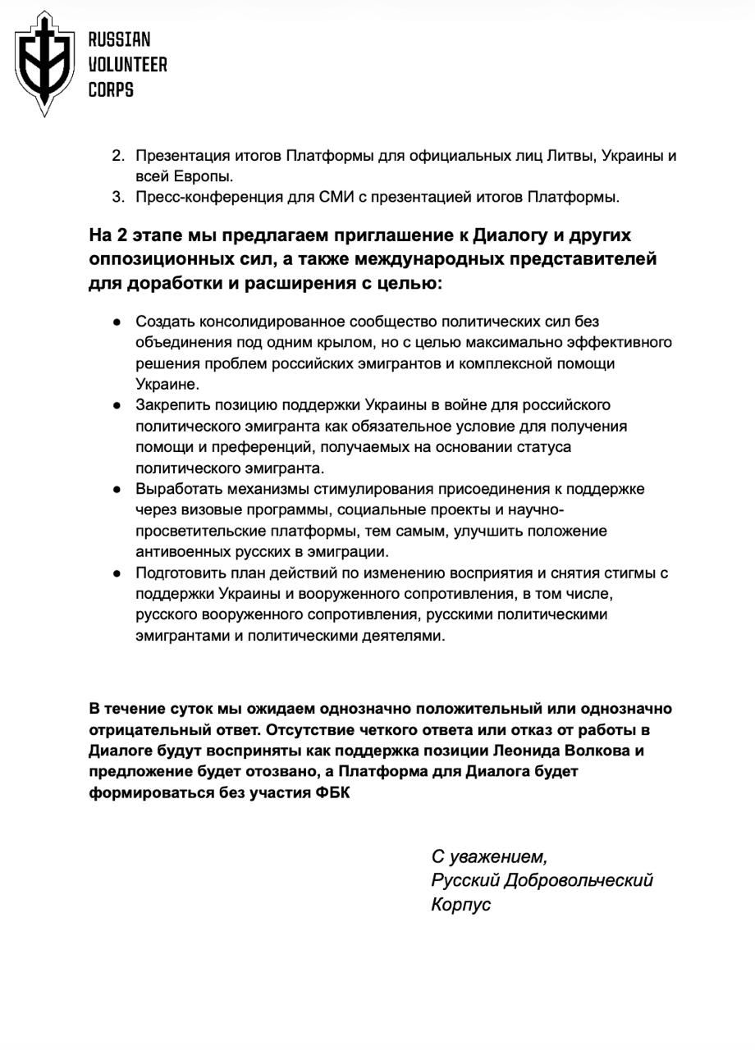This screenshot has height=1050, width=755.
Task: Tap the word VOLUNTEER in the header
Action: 127,65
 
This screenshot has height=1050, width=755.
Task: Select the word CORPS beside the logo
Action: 111,89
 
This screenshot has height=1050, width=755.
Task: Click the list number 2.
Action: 117,156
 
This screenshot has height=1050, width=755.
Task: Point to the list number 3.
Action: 117,197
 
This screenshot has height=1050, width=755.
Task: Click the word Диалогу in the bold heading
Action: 512,235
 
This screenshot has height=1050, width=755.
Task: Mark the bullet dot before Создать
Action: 118,322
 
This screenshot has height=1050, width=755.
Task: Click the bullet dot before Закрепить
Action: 118,405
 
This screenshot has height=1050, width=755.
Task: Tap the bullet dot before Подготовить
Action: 118,573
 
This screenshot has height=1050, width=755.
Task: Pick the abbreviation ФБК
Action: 332,793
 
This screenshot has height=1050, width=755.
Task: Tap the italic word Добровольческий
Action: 579,880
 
